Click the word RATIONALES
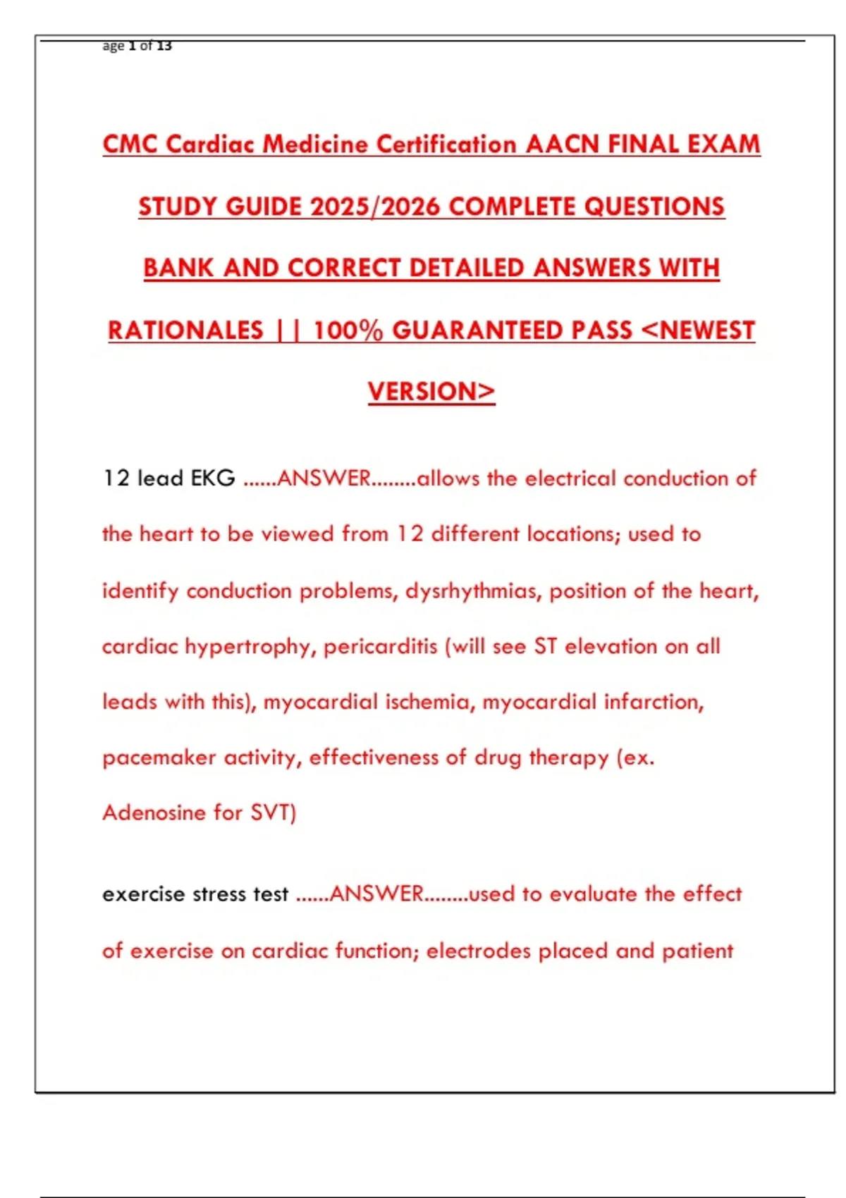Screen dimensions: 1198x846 coord(185,330)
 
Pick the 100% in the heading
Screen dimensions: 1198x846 coord(348,330)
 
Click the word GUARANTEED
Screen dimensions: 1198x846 coord(512,330)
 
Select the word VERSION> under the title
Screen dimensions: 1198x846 coord(431,392)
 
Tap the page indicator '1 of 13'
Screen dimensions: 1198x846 coord(150,46)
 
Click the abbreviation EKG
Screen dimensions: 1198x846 coord(213,478)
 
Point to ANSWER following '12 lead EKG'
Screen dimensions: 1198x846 coord(324,478)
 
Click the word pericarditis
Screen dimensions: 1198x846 coord(380,646)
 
